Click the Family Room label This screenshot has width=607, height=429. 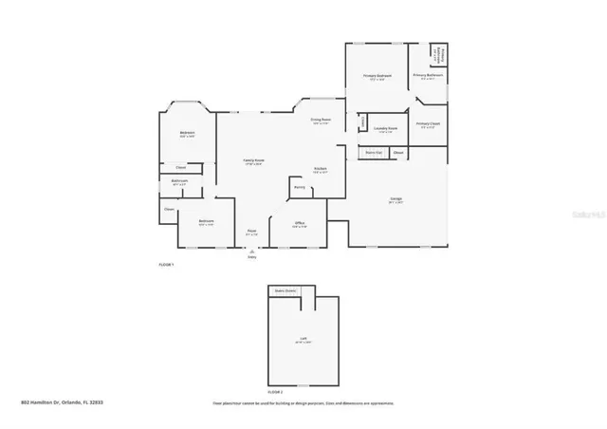(252, 160)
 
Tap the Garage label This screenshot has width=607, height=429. (396, 198)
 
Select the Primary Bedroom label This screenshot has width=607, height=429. (377, 76)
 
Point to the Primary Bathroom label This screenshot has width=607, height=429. (429, 75)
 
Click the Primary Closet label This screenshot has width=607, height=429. (428, 123)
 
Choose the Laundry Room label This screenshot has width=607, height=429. (384, 128)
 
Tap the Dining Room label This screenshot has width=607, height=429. (321, 121)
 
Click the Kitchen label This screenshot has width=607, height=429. (321, 169)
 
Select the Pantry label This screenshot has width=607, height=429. (299, 188)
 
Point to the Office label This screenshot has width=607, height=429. (298, 224)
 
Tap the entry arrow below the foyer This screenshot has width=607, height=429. (252, 251)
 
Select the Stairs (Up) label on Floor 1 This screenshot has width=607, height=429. (374, 152)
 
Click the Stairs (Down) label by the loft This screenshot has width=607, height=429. (285, 290)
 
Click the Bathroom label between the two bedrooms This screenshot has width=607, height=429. (179, 180)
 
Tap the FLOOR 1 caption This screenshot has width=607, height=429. (166, 263)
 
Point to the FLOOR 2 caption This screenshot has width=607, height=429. (275, 391)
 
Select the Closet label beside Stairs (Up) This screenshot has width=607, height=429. (398, 152)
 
